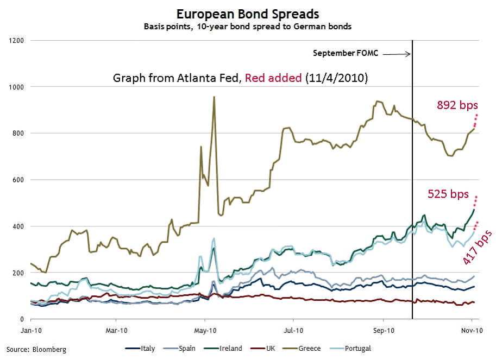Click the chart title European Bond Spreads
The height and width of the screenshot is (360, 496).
(x=248, y=14)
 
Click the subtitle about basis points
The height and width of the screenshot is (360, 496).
(x=248, y=26)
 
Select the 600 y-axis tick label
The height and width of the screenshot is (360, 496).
(x=20, y=180)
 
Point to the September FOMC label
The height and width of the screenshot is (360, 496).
(x=345, y=53)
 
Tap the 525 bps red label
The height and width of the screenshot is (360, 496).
(x=448, y=194)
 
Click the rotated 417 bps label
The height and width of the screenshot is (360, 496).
(x=477, y=247)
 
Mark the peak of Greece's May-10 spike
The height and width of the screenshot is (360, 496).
(x=214, y=97)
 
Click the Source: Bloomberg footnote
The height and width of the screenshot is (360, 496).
(x=36, y=349)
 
